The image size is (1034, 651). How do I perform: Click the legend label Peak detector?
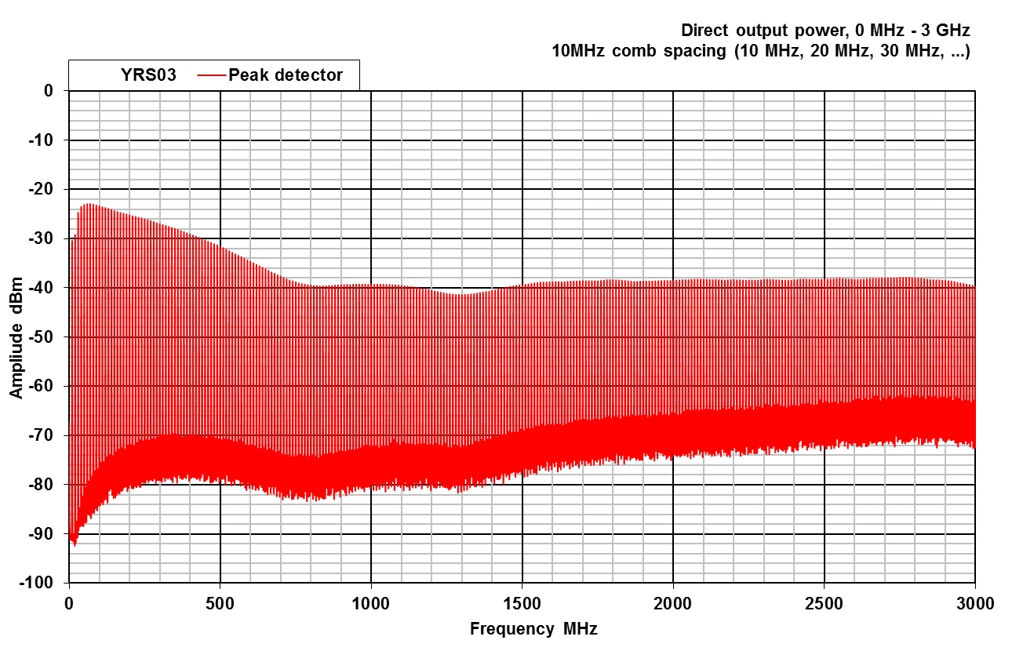click(x=286, y=75)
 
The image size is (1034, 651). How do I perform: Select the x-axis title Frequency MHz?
click(x=533, y=629)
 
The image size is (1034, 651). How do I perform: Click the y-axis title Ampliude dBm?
click(x=17, y=337)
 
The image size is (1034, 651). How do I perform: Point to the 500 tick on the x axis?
click(x=220, y=602)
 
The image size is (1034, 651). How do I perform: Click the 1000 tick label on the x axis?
click(x=371, y=602)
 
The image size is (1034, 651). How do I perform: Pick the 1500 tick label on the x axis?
click(x=522, y=602)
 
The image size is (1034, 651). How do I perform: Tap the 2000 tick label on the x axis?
click(x=673, y=602)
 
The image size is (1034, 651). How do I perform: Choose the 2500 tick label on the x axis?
click(x=824, y=602)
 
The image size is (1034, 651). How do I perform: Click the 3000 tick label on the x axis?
click(x=975, y=602)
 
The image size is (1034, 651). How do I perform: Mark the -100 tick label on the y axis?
click(x=47, y=584)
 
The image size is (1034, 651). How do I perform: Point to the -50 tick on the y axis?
click(x=50, y=337)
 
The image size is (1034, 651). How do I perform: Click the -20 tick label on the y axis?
click(x=50, y=189)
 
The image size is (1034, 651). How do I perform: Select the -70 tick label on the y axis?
click(x=50, y=435)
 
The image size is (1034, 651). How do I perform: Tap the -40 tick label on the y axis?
click(x=50, y=288)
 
